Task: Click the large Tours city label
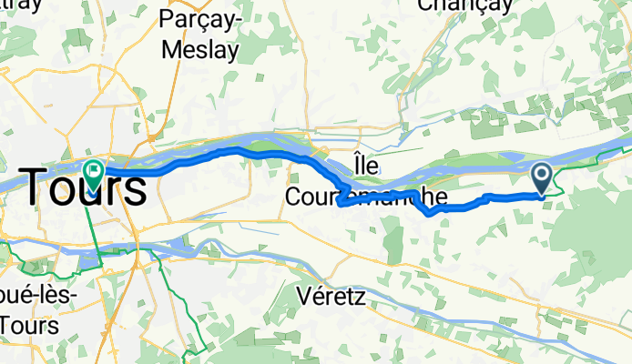click(x=83, y=188)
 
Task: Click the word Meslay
click(x=199, y=47)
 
